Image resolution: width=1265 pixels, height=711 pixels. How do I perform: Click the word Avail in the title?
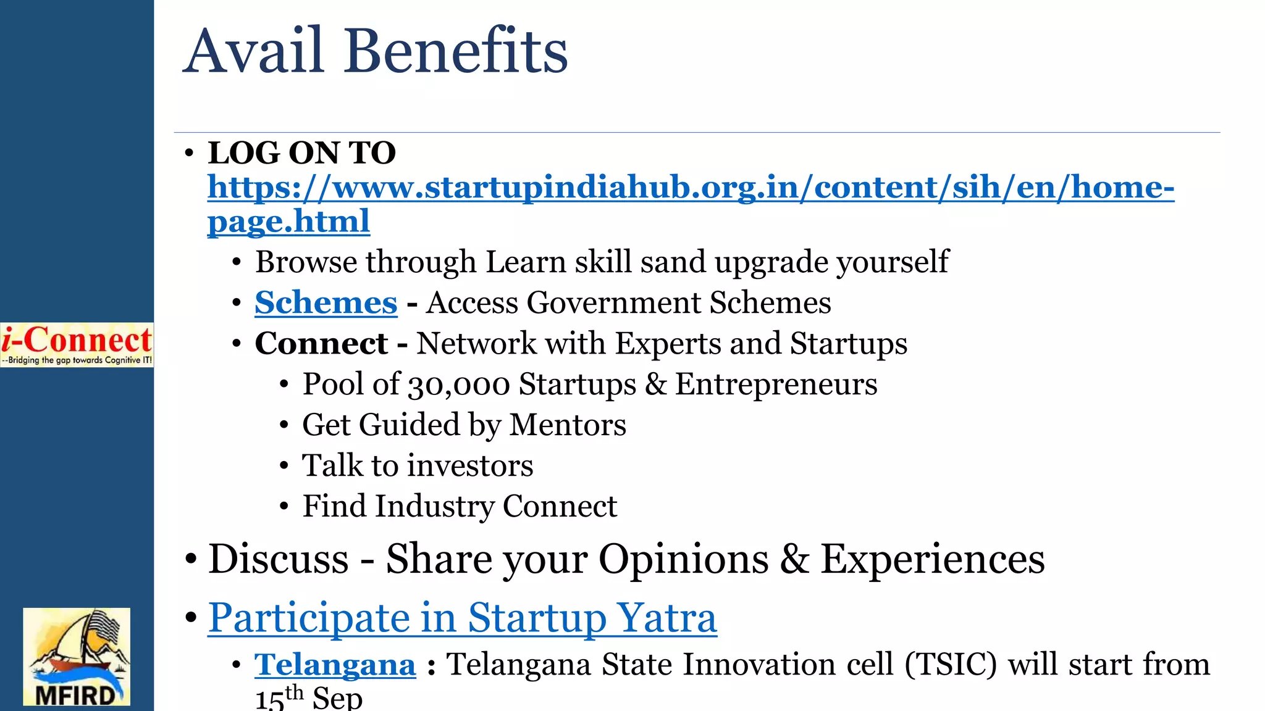click(254, 51)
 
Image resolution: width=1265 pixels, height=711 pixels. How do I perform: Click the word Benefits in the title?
click(456, 51)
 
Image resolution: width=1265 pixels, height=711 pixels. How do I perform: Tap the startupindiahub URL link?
click(690, 187)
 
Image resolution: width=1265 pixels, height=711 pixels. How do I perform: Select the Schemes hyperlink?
click(326, 303)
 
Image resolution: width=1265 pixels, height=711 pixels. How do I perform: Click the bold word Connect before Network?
click(321, 344)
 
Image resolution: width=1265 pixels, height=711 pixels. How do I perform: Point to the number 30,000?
click(458, 385)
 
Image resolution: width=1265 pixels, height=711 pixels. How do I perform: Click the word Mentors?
click(568, 425)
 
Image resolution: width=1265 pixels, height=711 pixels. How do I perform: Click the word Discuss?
click(279, 559)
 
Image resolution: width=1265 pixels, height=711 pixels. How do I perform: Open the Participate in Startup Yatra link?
click(462, 618)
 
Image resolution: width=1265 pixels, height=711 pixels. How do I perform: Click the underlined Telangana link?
click(335, 665)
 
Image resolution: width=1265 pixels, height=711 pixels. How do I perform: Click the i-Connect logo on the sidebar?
click(77, 344)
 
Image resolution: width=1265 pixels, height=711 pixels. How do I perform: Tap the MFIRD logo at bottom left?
click(77, 657)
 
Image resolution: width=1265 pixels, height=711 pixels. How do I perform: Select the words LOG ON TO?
click(301, 153)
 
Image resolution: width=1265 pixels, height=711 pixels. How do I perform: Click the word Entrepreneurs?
click(776, 385)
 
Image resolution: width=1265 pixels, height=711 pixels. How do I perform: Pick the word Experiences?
click(932, 559)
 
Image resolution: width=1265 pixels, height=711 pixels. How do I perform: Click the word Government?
click(613, 303)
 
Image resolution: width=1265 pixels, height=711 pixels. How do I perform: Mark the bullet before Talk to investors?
click(284, 466)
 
